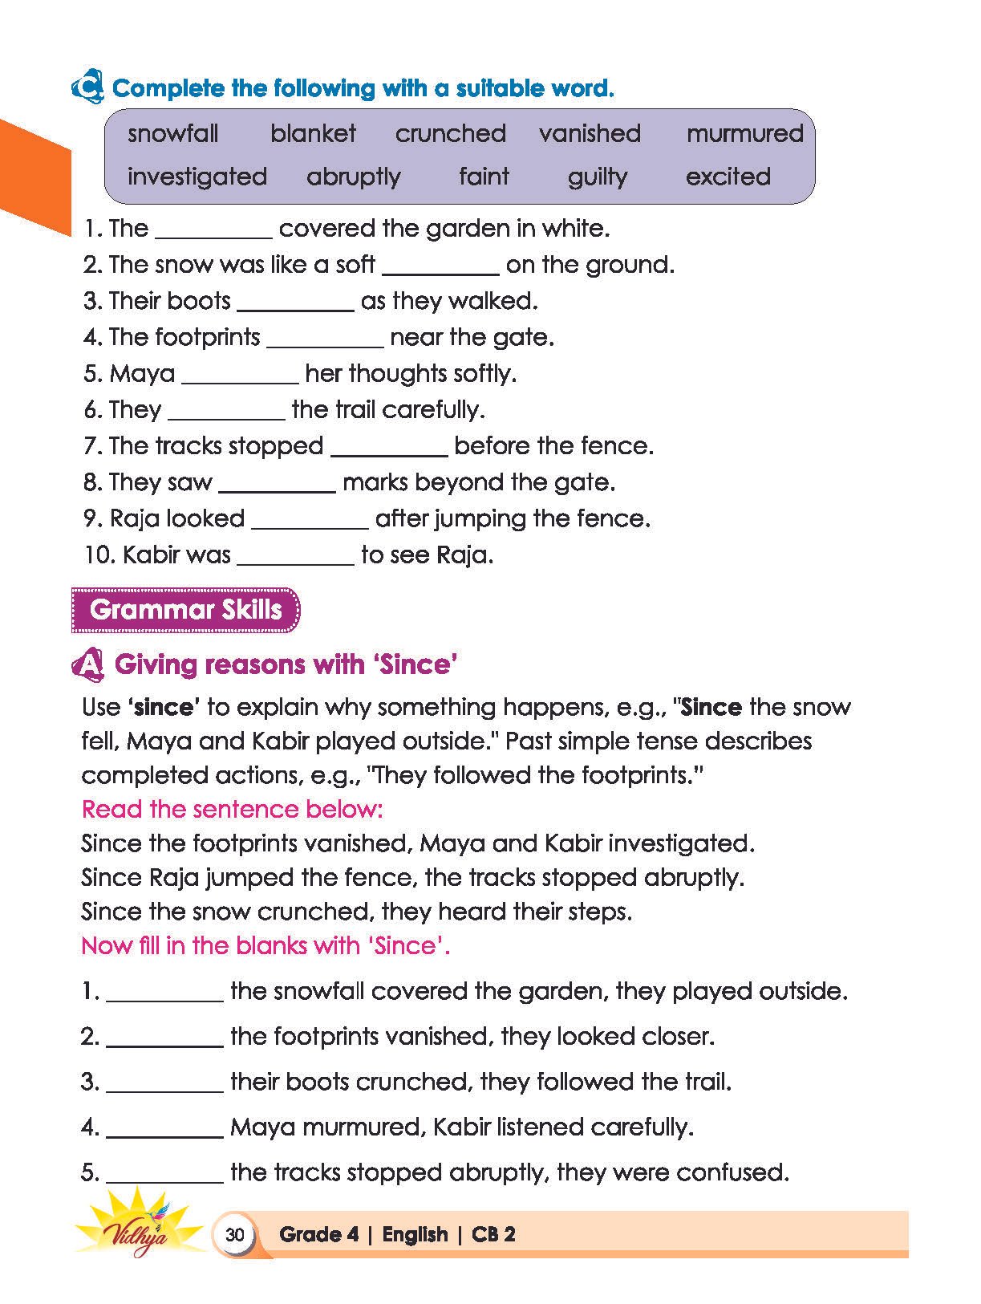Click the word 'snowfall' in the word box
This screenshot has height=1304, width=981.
tap(172, 133)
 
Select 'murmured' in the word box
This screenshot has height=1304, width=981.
tap(744, 133)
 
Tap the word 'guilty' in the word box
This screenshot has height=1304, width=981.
tap(598, 177)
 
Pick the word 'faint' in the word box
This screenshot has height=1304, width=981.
tap(484, 177)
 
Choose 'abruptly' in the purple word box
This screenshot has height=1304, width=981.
tap(354, 177)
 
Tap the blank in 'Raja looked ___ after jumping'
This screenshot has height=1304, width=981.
tap(310, 522)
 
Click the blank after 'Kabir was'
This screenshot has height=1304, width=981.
tap(295, 558)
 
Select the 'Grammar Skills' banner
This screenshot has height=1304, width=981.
tap(185, 610)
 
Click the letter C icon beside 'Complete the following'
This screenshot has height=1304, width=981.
tap(87, 87)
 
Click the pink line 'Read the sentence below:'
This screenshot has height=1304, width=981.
tap(233, 809)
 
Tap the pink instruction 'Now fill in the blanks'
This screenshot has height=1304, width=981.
tap(266, 945)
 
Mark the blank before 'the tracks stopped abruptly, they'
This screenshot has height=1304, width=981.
tap(164, 1176)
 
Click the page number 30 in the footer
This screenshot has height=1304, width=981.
tap(234, 1234)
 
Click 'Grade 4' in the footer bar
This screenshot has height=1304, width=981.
tap(318, 1234)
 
